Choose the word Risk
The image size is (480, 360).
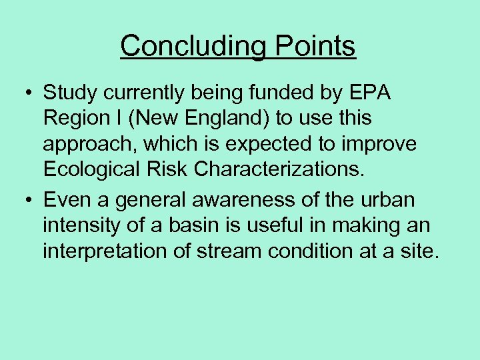[176, 169]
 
